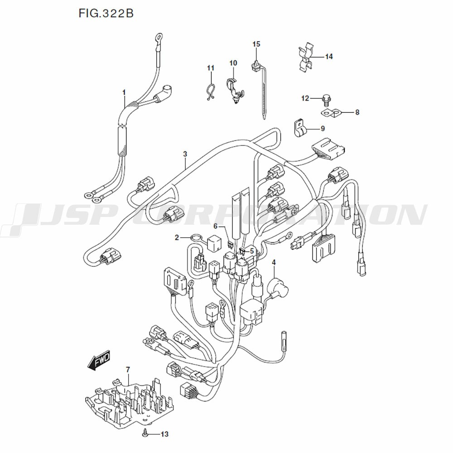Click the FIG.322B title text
106,13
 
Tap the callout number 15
256,44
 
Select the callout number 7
128,369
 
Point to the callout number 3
185,154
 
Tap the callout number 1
124,92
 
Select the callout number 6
216,226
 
